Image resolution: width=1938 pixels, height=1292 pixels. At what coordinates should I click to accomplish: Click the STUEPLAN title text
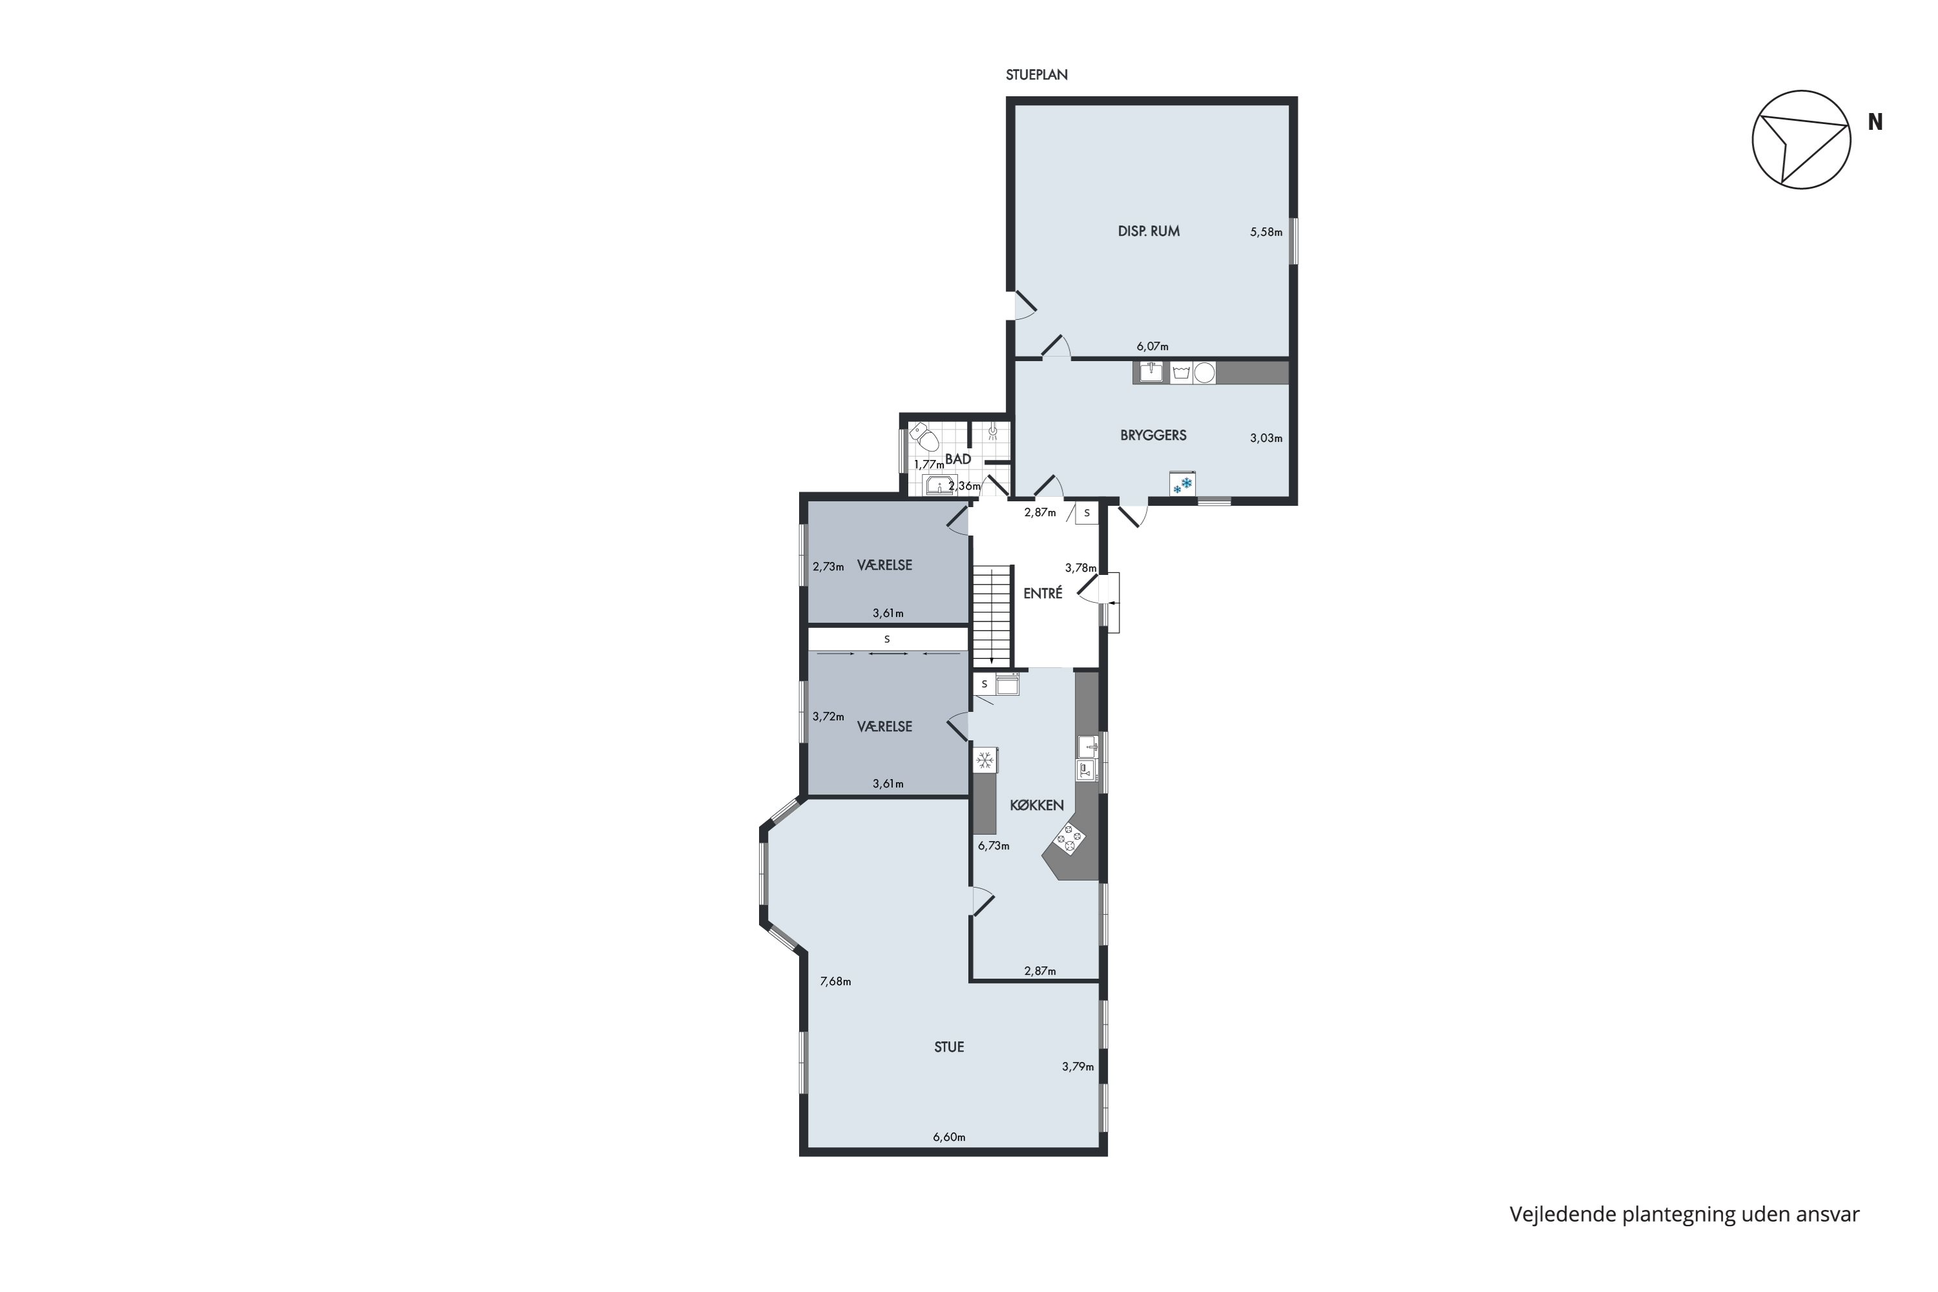pyautogui.click(x=1036, y=75)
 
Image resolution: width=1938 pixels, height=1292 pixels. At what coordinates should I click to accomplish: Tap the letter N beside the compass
pyautogui.click(x=1875, y=122)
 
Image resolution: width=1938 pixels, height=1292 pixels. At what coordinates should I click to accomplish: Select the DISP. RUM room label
pyautogui.click(x=1148, y=231)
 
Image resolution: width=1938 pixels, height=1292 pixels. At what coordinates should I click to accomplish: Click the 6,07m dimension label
pyautogui.click(x=1152, y=347)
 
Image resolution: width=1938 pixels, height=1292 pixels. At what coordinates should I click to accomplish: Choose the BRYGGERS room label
pyautogui.click(x=1152, y=435)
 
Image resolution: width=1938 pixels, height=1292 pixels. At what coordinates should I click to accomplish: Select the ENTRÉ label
pyautogui.click(x=1043, y=593)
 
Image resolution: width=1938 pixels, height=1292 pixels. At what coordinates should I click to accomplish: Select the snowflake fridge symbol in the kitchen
pyautogui.click(x=985, y=760)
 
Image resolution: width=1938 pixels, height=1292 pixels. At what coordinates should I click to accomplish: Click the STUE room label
pyautogui.click(x=948, y=1047)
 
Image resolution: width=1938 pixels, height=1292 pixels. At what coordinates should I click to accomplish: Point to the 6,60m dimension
pyautogui.click(x=948, y=1137)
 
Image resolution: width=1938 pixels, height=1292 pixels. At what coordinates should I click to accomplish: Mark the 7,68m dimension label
pyautogui.click(x=835, y=981)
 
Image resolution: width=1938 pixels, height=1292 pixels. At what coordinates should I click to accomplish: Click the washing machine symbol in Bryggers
pyautogui.click(x=1181, y=373)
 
